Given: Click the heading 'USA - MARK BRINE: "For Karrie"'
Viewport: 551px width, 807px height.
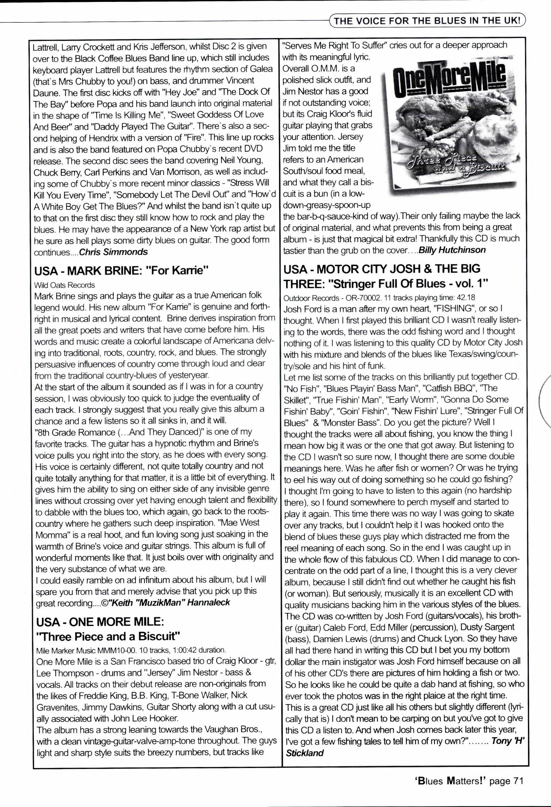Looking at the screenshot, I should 121,271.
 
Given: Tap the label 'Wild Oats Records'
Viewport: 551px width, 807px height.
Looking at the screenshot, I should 64,285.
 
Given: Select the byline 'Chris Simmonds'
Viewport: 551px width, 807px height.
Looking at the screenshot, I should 113,252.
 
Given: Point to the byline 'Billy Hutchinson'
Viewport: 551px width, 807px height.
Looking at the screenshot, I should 452,250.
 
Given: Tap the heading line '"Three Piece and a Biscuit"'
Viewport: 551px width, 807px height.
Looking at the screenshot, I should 108,636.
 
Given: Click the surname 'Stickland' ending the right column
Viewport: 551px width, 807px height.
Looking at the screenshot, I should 305,753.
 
